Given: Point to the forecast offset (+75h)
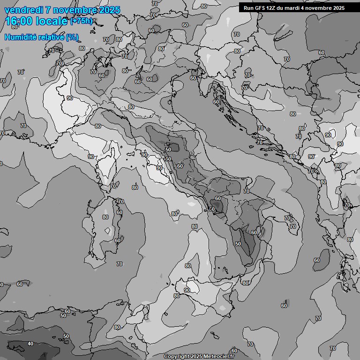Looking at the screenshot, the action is (x=81, y=22).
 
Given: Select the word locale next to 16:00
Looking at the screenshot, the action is (x=51, y=21).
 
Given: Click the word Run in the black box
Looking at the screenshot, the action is (x=248, y=7).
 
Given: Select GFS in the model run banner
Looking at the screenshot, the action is (x=261, y=7).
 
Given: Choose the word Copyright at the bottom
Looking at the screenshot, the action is (x=176, y=357).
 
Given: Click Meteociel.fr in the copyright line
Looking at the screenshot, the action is (x=219, y=357).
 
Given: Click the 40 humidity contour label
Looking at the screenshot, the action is (x=30, y=344).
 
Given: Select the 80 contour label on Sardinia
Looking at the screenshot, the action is (x=105, y=217).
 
